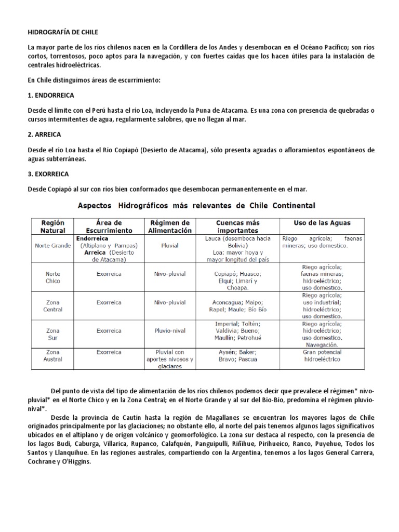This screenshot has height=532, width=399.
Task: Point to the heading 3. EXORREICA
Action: click(x=50, y=173)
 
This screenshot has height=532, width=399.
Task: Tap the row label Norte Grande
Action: click(x=53, y=245)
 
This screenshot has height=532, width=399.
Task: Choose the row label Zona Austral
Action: click(x=53, y=355)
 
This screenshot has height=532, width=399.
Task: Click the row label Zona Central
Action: click(x=53, y=305)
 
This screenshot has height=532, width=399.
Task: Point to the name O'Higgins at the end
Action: click(x=77, y=462)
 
